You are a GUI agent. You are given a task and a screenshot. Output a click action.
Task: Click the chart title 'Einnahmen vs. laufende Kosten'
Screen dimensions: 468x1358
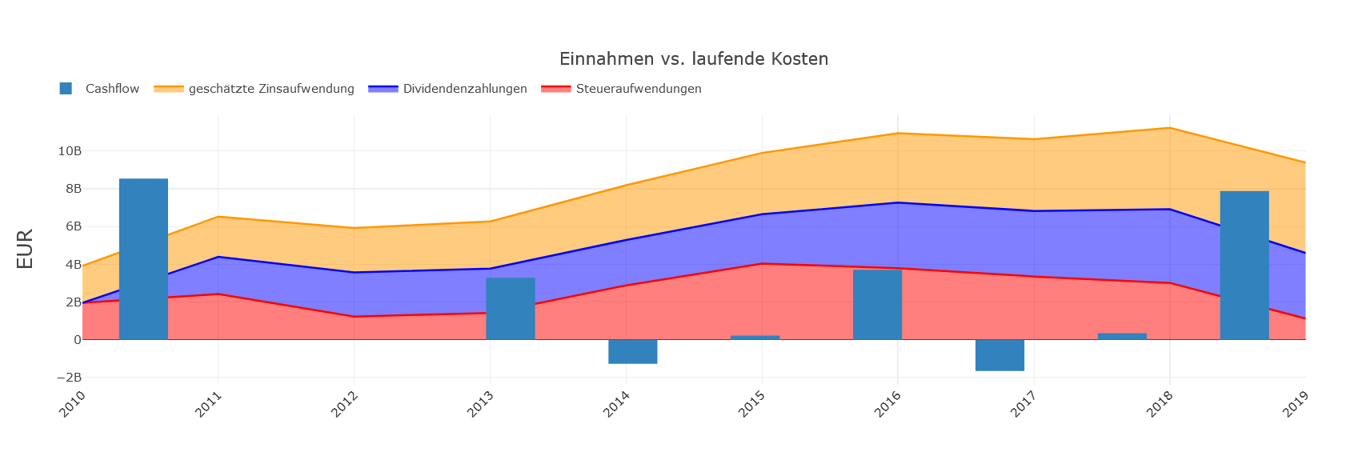tap(693, 59)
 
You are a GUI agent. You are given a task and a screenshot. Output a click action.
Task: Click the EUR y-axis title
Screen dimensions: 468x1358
tap(25, 249)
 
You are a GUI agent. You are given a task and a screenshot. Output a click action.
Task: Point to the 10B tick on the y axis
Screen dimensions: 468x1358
tap(69, 151)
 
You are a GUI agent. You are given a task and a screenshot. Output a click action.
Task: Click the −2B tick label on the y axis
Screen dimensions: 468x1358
tap(67, 378)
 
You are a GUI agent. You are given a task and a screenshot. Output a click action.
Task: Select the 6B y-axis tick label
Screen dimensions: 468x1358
tap(72, 226)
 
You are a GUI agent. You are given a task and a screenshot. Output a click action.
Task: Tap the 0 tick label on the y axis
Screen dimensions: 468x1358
tap(77, 340)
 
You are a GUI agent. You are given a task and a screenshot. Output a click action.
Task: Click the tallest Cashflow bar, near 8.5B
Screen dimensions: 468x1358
tap(143, 259)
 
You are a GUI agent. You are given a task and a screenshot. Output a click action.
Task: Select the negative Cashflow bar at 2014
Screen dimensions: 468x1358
tap(632, 352)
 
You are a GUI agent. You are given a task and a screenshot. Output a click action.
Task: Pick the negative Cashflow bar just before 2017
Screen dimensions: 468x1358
tap(999, 355)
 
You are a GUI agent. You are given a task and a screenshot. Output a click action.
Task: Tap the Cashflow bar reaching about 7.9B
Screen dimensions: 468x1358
tap(1244, 266)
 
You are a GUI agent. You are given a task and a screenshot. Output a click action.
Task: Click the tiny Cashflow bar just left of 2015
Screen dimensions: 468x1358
tap(755, 338)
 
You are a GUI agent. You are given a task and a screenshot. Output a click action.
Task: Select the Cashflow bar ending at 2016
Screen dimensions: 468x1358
tap(877, 305)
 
